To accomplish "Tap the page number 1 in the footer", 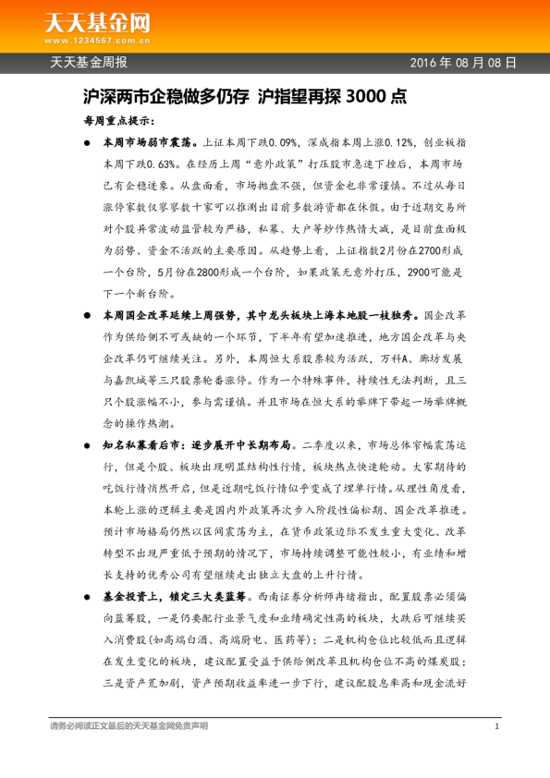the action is click(x=496, y=727).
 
